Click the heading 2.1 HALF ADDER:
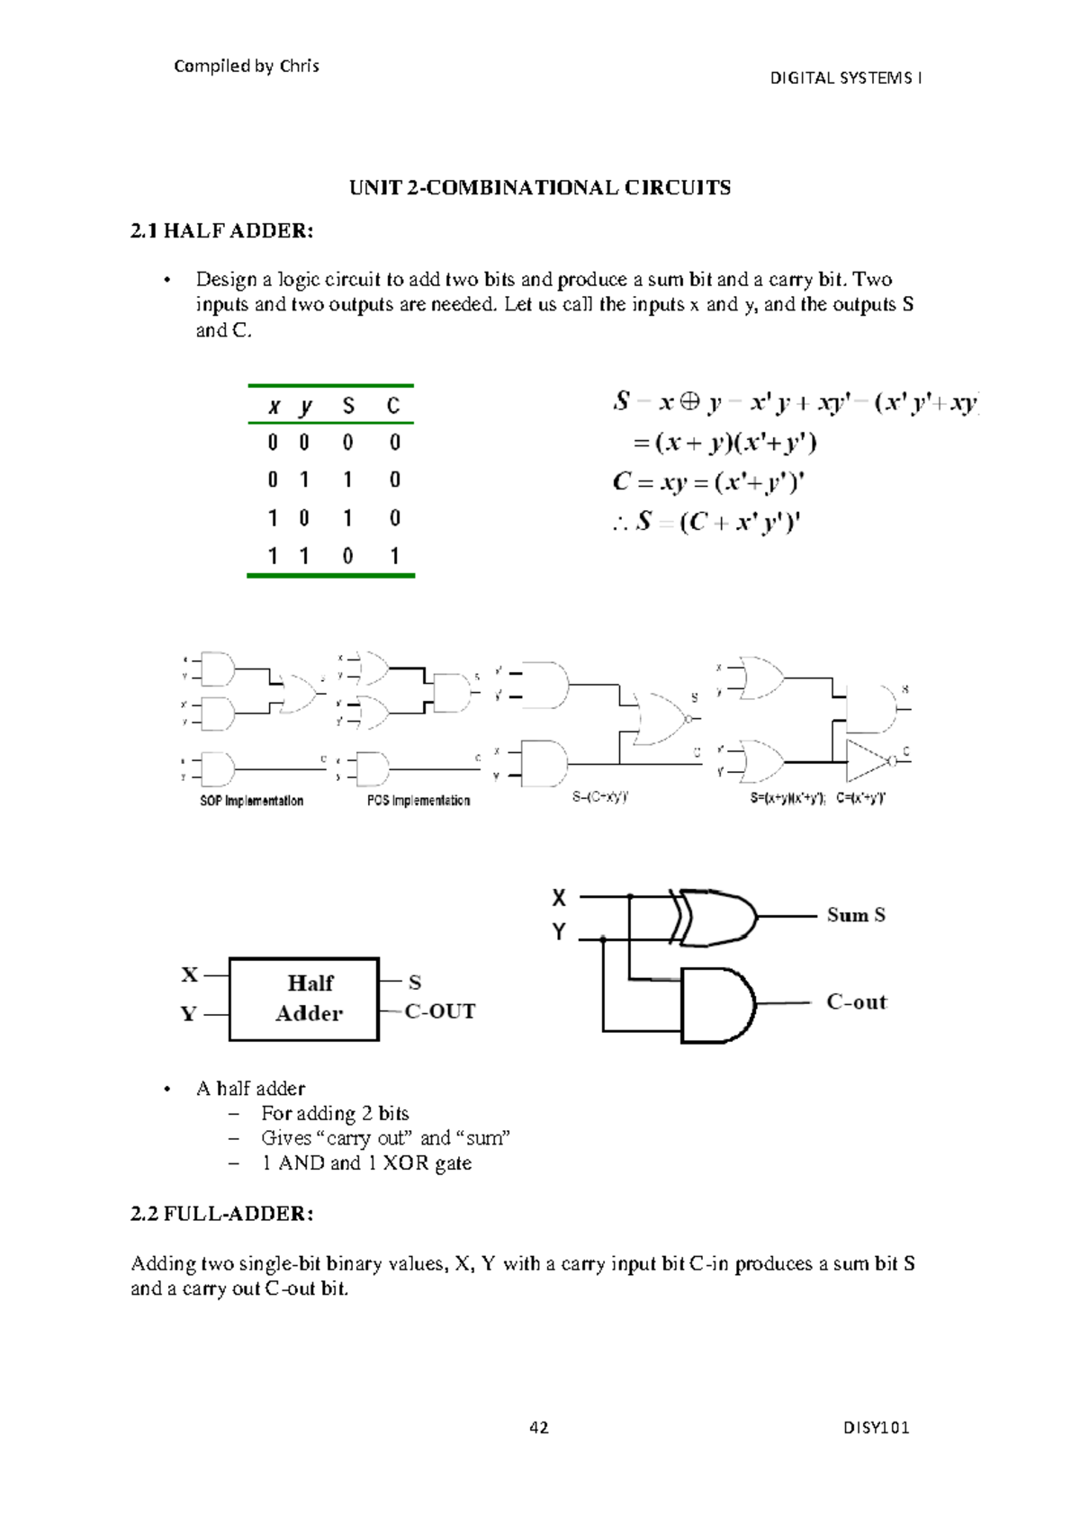click(221, 231)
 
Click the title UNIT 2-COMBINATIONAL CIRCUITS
click(540, 188)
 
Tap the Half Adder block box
click(304, 999)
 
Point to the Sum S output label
click(856, 915)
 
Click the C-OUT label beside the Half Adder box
click(440, 1011)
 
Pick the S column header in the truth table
click(348, 407)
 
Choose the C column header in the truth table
click(393, 407)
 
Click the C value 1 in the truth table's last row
click(394, 556)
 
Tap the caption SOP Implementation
click(251, 801)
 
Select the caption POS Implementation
click(418, 801)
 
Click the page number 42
click(539, 1428)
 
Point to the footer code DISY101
click(876, 1428)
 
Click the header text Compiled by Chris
click(246, 66)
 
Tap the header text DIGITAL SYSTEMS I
click(845, 78)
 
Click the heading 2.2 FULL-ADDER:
click(221, 1214)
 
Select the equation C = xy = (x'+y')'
click(708, 482)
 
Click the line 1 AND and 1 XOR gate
click(366, 1163)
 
